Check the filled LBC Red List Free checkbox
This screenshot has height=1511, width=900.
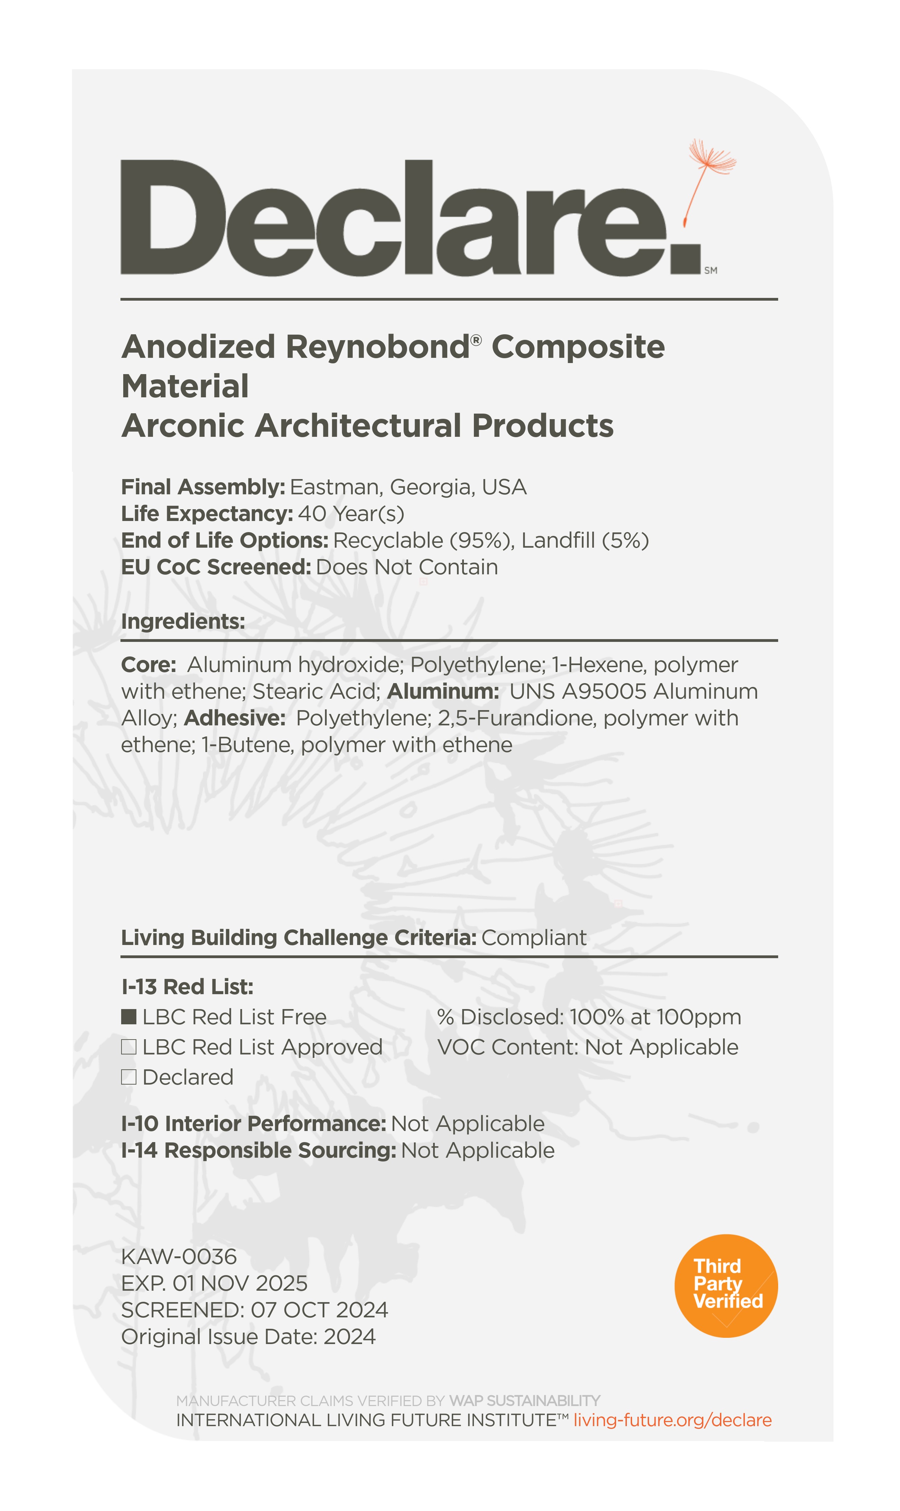128,1017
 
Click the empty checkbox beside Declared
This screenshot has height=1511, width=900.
128,1077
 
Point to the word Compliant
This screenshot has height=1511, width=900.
534,938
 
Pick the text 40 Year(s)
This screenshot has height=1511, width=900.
351,514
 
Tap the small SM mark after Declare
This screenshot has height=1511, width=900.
711,271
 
